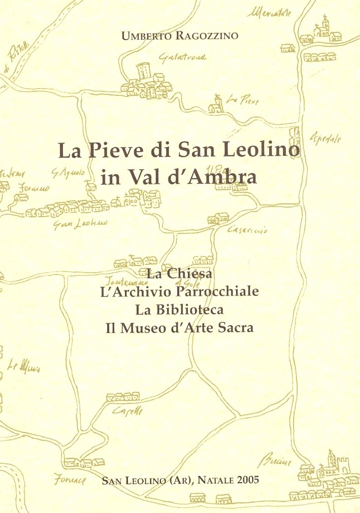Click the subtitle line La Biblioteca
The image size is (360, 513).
tap(179, 310)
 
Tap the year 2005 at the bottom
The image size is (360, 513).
tap(247, 480)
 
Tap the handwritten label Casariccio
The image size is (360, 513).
tap(248, 231)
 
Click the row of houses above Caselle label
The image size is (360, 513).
tap(123, 396)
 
